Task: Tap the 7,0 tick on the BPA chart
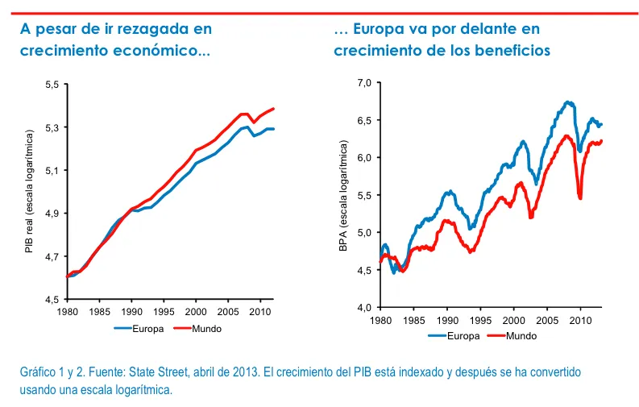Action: click(363, 83)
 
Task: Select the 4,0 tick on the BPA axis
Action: click(363, 307)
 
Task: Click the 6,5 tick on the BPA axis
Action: click(363, 120)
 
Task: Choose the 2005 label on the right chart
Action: click(546, 320)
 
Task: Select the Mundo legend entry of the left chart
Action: click(194, 328)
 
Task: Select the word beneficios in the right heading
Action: click(506, 50)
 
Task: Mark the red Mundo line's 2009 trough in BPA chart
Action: click(580, 197)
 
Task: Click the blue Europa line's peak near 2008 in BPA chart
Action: click(568, 102)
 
